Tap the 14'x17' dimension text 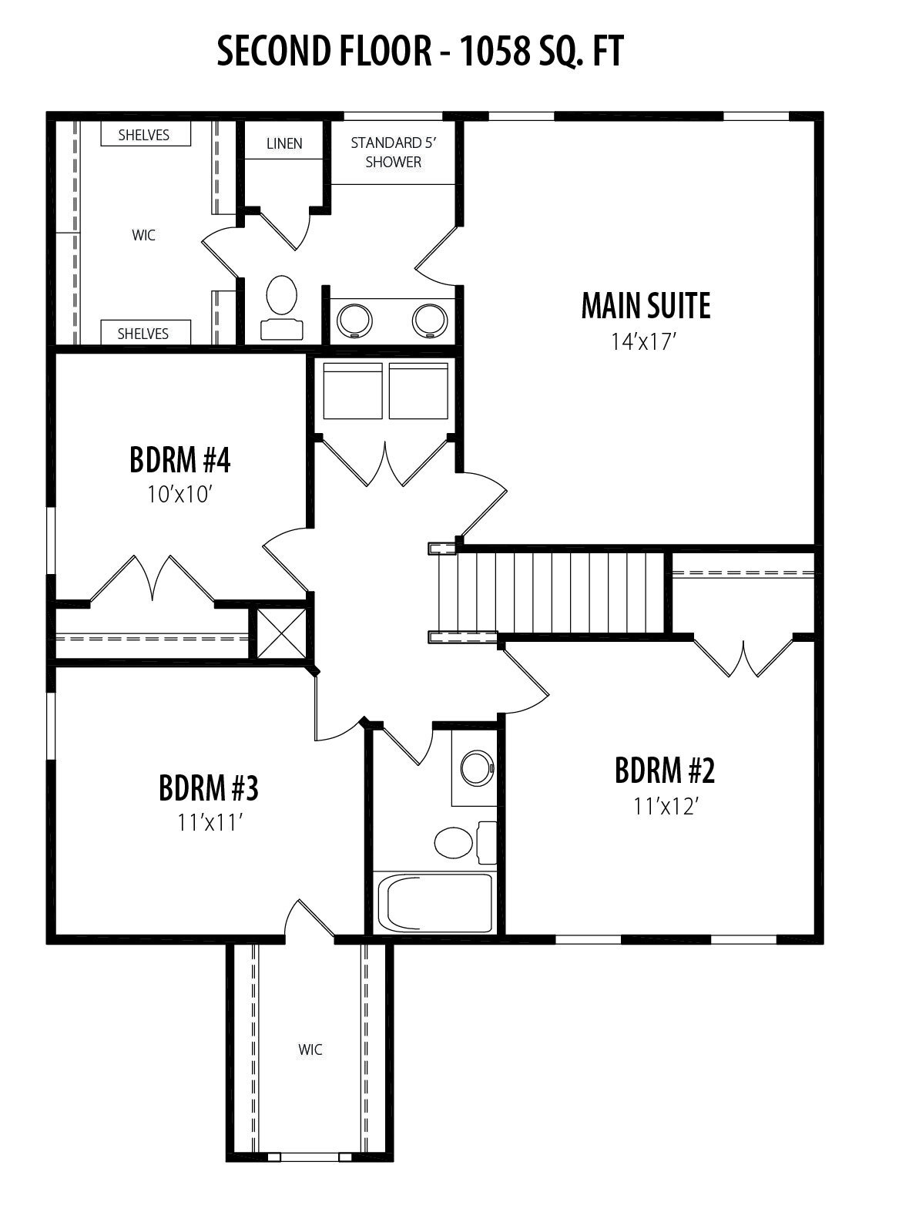pyautogui.click(x=644, y=342)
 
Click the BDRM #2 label pyautogui.click(x=665, y=771)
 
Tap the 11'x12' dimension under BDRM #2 pyautogui.click(x=665, y=807)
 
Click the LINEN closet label pyautogui.click(x=284, y=143)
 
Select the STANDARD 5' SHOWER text pyautogui.click(x=394, y=153)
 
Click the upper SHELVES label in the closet pyautogui.click(x=143, y=135)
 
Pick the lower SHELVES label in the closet pyautogui.click(x=143, y=334)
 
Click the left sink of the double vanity pyautogui.click(x=354, y=321)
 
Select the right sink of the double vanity pyautogui.click(x=430, y=321)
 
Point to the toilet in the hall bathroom pyautogui.click(x=465, y=842)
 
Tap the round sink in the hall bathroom pyautogui.click(x=477, y=767)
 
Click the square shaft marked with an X pyautogui.click(x=281, y=633)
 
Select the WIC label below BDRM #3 pyautogui.click(x=310, y=1050)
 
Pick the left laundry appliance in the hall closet pyautogui.click(x=353, y=391)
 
